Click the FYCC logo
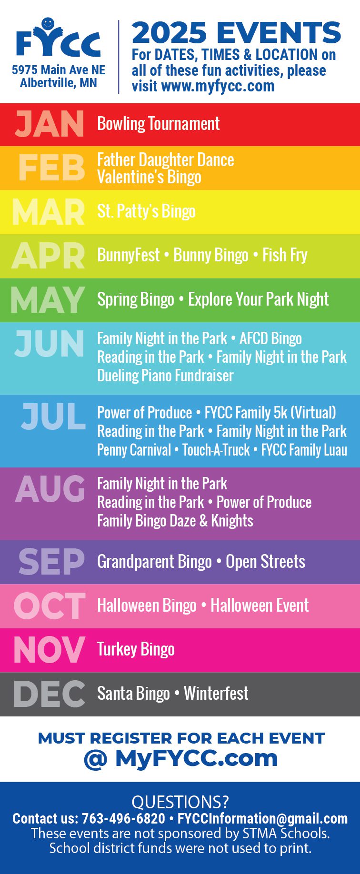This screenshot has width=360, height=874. [x=59, y=38]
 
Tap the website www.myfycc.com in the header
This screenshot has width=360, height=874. [x=218, y=86]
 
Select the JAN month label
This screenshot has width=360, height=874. [x=50, y=124]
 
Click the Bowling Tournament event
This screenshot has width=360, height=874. [x=159, y=124]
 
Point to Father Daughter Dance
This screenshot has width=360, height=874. [x=166, y=159]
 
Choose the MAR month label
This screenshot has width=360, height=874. [x=49, y=212]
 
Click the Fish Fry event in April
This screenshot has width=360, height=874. [x=285, y=255]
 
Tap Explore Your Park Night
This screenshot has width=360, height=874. [x=259, y=299]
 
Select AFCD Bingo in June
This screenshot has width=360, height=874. [x=270, y=338]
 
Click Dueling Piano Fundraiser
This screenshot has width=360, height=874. [x=165, y=376]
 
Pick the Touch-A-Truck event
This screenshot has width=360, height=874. [x=216, y=450]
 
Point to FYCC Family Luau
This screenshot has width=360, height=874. [x=304, y=450]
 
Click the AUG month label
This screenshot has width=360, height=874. [x=50, y=489]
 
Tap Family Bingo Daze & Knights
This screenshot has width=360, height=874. [x=175, y=521]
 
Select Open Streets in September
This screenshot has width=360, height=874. [x=265, y=562]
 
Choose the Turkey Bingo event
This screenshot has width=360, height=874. [x=136, y=649]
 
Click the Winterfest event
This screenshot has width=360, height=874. [x=216, y=693]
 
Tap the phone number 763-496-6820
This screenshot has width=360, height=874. [x=123, y=819]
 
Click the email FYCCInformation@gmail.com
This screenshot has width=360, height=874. [x=262, y=819]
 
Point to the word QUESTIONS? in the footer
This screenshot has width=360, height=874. [x=180, y=802]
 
